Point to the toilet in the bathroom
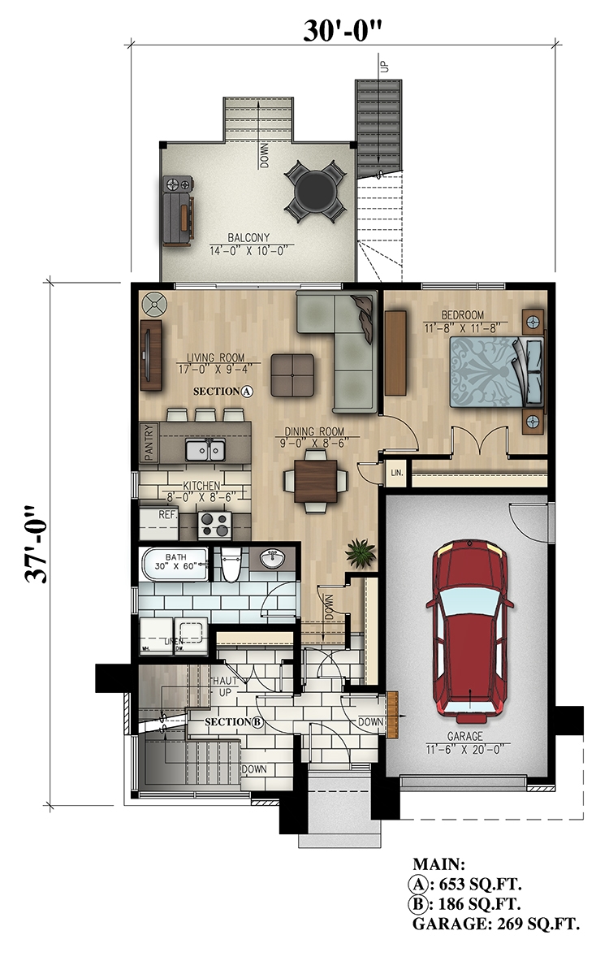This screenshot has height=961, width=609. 231,565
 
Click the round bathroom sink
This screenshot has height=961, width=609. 272,560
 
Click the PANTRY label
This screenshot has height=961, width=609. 149,444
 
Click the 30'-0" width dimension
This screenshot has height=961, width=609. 343,30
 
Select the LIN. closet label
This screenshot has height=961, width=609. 398,472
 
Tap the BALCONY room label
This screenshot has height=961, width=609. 248,238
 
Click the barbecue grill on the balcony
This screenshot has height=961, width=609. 179,210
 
